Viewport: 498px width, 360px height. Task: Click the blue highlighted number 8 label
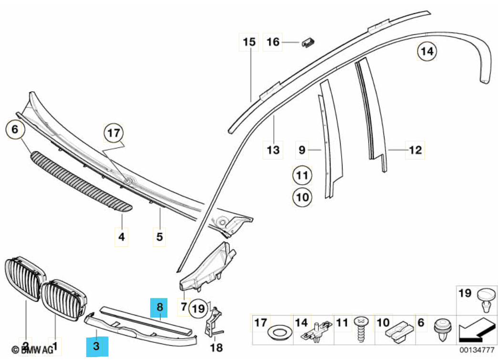tap(160, 307)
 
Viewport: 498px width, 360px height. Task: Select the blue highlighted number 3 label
tap(97, 346)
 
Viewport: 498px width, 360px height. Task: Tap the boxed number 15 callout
tap(249, 42)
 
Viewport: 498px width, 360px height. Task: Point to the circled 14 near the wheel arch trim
tap(427, 52)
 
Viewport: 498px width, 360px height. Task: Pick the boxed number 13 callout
tap(273, 150)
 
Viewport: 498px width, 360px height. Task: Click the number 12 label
tap(415, 150)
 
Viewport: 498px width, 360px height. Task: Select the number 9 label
tap(301, 150)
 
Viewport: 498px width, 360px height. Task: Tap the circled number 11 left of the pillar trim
tap(301, 176)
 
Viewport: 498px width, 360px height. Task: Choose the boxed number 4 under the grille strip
tap(122, 236)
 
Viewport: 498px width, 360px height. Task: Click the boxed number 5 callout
tap(159, 236)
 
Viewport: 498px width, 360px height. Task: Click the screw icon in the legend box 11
tap(361, 328)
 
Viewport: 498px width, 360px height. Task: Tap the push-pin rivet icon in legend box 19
tap(486, 300)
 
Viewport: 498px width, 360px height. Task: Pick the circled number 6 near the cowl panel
tap(14, 129)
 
